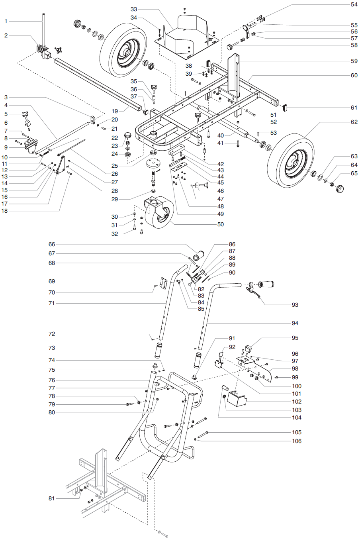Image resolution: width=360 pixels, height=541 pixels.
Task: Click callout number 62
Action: pyautogui.click(x=354, y=122)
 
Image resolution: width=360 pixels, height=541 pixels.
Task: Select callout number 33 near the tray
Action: pyautogui.click(x=133, y=9)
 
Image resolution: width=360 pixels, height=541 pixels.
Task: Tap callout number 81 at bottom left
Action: pyautogui.click(x=51, y=498)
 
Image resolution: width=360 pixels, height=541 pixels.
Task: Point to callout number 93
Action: pyautogui.click(x=295, y=305)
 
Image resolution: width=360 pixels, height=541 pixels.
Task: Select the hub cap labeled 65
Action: pyautogui.click(x=340, y=188)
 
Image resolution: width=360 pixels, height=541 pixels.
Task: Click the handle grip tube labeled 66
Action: pyautogui.click(x=199, y=255)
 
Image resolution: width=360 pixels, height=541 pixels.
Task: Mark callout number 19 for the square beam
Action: pyautogui.click(x=115, y=112)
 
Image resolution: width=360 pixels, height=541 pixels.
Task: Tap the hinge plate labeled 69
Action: pyautogui.click(x=163, y=283)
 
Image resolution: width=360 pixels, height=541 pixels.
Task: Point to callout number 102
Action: pyautogui.click(x=297, y=402)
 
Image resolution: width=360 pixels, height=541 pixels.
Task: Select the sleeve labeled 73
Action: pyautogui.click(x=159, y=350)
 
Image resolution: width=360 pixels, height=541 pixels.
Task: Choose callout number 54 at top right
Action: pyautogui.click(x=354, y=4)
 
